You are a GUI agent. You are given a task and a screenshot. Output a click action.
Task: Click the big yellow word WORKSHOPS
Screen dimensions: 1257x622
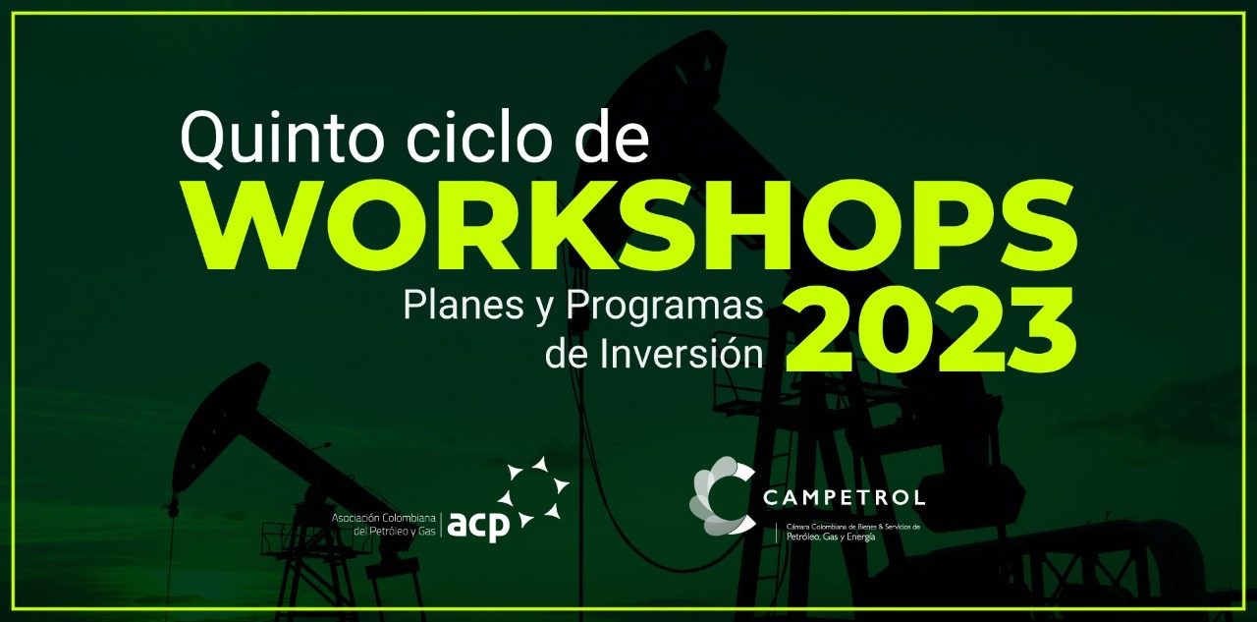click(630, 226)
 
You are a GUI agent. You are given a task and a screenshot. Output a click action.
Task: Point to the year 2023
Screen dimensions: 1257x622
click(930, 329)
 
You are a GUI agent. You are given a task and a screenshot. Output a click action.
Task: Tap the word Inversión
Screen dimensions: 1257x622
click(682, 355)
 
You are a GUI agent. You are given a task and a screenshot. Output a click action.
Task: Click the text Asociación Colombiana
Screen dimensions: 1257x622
click(383, 518)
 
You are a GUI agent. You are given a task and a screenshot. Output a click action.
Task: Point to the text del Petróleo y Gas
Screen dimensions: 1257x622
click(395, 531)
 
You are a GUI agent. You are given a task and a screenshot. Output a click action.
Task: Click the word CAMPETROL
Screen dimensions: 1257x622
click(844, 497)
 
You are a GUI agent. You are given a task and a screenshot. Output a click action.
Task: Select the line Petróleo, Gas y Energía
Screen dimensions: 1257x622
click(831, 537)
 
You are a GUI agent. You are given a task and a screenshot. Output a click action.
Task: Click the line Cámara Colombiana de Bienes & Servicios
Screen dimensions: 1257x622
click(853, 527)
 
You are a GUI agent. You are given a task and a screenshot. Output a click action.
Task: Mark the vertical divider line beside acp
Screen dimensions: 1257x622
click(441, 525)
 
